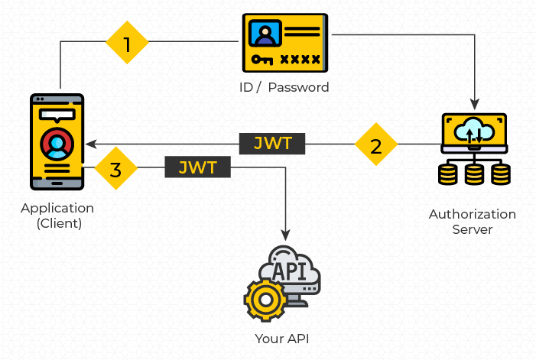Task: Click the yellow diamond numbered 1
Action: point(126,44)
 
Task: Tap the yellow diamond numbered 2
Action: point(376,144)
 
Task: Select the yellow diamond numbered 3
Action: point(115,169)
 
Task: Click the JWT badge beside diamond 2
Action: point(272,143)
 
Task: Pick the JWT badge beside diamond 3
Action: point(198,167)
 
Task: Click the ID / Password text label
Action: point(284,87)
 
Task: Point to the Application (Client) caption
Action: point(57,216)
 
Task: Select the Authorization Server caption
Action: point(472,222)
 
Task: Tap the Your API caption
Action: point(282,338)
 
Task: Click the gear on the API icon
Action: point(265,299)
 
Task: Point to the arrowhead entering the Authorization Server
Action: point(476,104)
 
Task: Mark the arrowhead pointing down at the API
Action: point(287,234)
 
